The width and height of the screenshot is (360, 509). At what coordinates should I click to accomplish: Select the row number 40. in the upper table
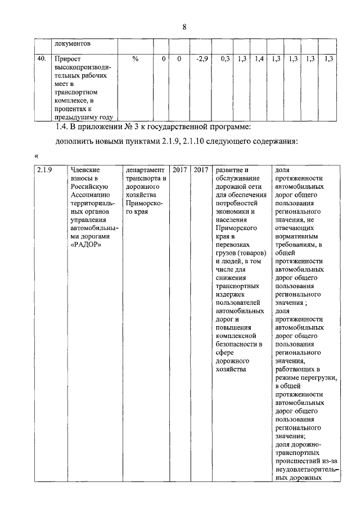pos(41,58)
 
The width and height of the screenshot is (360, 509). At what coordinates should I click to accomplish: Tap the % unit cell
pos(135,58)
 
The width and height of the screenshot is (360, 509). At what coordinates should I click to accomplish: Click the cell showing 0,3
pos(225,58)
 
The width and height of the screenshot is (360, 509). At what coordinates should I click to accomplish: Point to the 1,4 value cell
pos(259,58)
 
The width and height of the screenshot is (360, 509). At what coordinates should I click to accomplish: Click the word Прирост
pos(67,58)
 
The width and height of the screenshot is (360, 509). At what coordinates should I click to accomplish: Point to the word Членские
pos(84,170)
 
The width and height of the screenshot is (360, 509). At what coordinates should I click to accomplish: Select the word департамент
pos(146,170)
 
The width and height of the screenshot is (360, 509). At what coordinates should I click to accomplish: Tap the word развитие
pos(232,170)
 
